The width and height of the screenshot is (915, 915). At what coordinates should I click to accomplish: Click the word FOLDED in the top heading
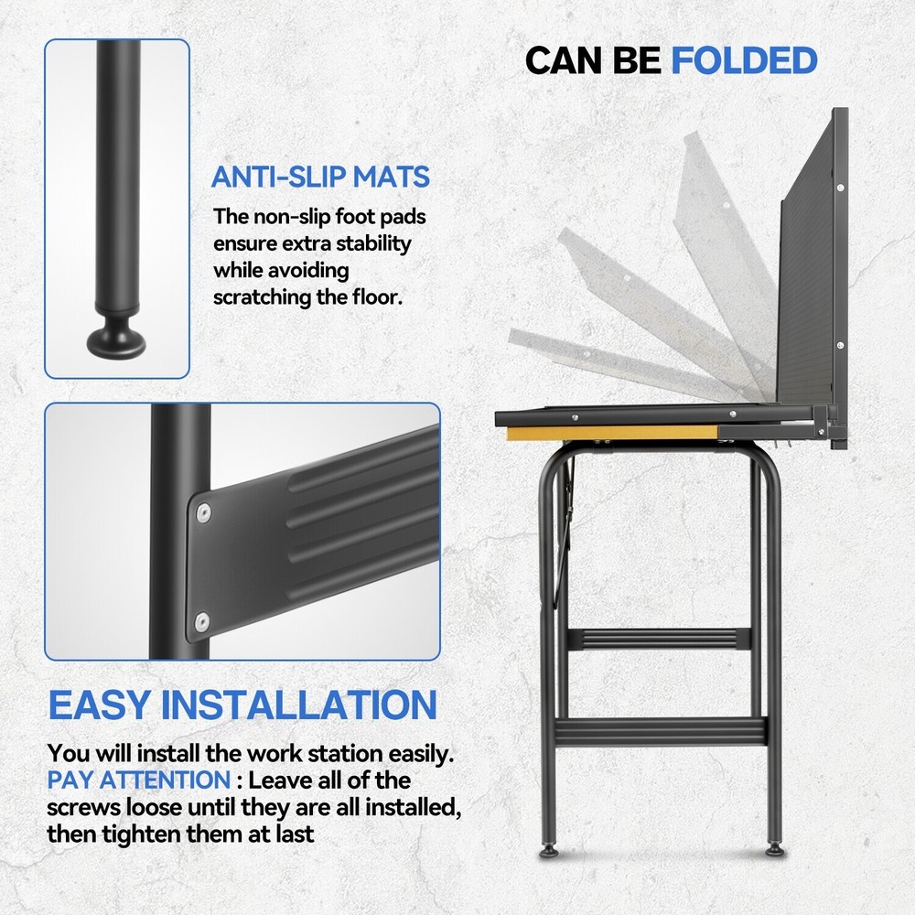pos(744,60)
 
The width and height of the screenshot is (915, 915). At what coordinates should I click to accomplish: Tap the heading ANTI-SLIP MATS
pos(320,177)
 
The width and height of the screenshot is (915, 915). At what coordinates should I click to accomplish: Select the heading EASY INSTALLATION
pos(242,705)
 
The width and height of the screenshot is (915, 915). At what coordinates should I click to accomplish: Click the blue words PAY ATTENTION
pos(139,780)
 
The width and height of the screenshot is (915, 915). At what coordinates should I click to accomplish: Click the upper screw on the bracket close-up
pos(203,513)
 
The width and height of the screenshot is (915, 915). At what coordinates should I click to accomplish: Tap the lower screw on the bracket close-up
pos(202,621)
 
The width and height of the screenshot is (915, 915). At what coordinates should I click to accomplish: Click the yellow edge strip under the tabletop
pos(612,433)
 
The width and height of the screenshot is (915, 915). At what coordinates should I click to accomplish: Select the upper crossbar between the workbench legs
pos(659,639)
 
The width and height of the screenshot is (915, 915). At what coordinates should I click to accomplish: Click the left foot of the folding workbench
pos(548,851)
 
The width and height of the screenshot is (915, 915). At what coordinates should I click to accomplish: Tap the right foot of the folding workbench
pos(775,850)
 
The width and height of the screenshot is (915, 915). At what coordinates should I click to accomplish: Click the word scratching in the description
pos(262,297)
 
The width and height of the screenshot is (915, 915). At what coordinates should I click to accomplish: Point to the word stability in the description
pos(374,243)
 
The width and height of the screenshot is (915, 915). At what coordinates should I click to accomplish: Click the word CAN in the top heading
pos(565,60)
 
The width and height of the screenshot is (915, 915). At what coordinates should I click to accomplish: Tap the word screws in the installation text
pos(83,808)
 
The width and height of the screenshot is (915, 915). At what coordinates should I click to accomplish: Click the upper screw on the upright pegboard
pos(840,188)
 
